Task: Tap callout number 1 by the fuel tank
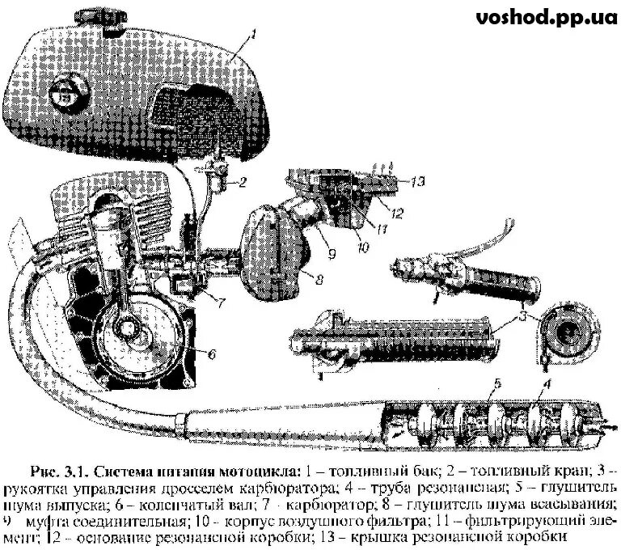(254, 35)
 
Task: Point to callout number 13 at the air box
(416, 182)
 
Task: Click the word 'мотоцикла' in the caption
(258, 471)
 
